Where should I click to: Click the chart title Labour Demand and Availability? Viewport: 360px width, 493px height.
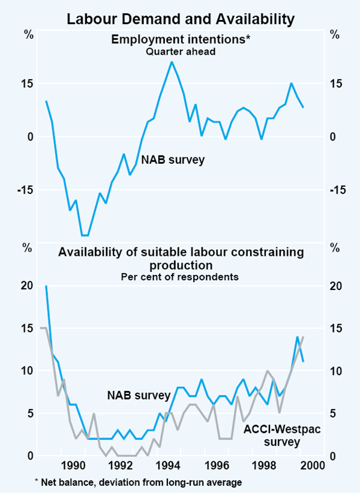180,19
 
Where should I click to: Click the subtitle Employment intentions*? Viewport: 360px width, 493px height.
180,40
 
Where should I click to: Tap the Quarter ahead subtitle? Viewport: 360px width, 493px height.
180,52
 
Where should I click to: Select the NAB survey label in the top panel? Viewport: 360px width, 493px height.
173,160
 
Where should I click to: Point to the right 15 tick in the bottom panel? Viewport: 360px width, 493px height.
337,328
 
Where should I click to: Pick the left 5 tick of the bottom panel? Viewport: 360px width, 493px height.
26,413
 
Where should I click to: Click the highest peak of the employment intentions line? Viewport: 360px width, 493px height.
172,62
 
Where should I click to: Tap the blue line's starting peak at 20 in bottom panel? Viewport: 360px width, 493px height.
46,286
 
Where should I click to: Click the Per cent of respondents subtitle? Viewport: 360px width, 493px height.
180,277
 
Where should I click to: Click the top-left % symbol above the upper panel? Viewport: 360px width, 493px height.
28,34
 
